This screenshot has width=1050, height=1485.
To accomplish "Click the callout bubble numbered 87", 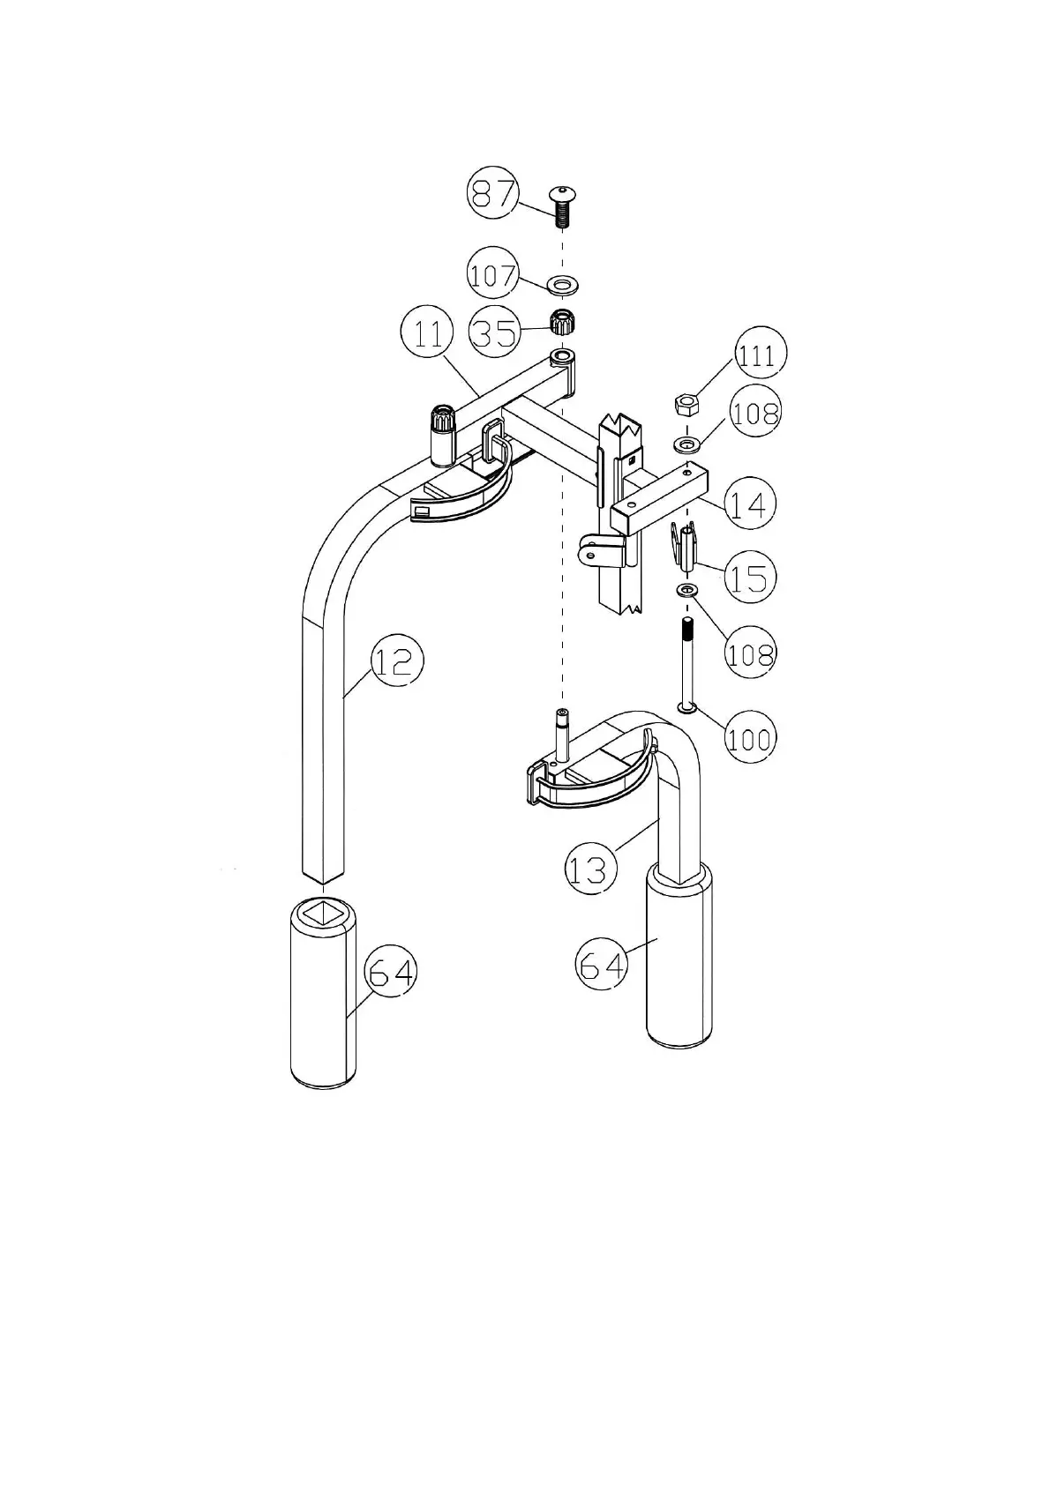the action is click(x=492, y=194).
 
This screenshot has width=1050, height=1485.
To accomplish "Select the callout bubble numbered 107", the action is click(x=492, y=275).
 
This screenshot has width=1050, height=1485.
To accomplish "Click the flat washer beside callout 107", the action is click(x=561, y=285).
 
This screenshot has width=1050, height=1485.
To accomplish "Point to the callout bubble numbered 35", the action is click(x=494, y=332).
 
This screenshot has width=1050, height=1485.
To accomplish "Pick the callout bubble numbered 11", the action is click(x=427, y=336).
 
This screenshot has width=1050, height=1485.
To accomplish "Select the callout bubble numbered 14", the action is click(x=750, y=504).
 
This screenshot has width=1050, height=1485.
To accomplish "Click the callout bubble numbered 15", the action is click(x=750, y=578).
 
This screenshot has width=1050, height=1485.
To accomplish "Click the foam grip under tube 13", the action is click(x=679, y=954).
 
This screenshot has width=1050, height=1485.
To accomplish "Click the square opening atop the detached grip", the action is click(x=322, y=911).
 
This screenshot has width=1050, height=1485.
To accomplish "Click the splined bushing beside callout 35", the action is click(x=559, y=323).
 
